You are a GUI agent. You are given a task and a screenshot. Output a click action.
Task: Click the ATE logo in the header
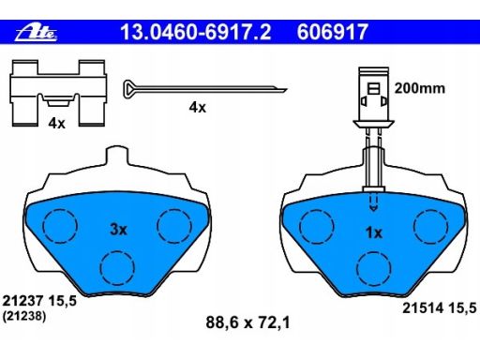[37, 33]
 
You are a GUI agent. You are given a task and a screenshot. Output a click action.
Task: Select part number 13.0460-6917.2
[196, 32]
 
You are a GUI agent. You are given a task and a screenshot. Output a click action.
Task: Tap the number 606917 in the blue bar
[333, 32]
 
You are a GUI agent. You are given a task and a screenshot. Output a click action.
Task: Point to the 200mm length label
[420, 88]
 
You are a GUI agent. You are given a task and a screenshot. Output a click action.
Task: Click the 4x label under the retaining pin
[198, 108]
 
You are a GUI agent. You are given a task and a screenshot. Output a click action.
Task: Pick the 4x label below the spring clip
[56, 124]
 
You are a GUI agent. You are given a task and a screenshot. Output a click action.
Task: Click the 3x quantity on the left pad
[118, 230]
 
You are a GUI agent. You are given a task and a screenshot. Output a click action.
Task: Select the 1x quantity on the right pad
[374, 232]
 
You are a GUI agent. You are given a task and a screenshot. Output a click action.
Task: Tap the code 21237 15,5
[39, 301]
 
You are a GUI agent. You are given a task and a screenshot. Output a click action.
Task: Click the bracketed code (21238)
[24, 316]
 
